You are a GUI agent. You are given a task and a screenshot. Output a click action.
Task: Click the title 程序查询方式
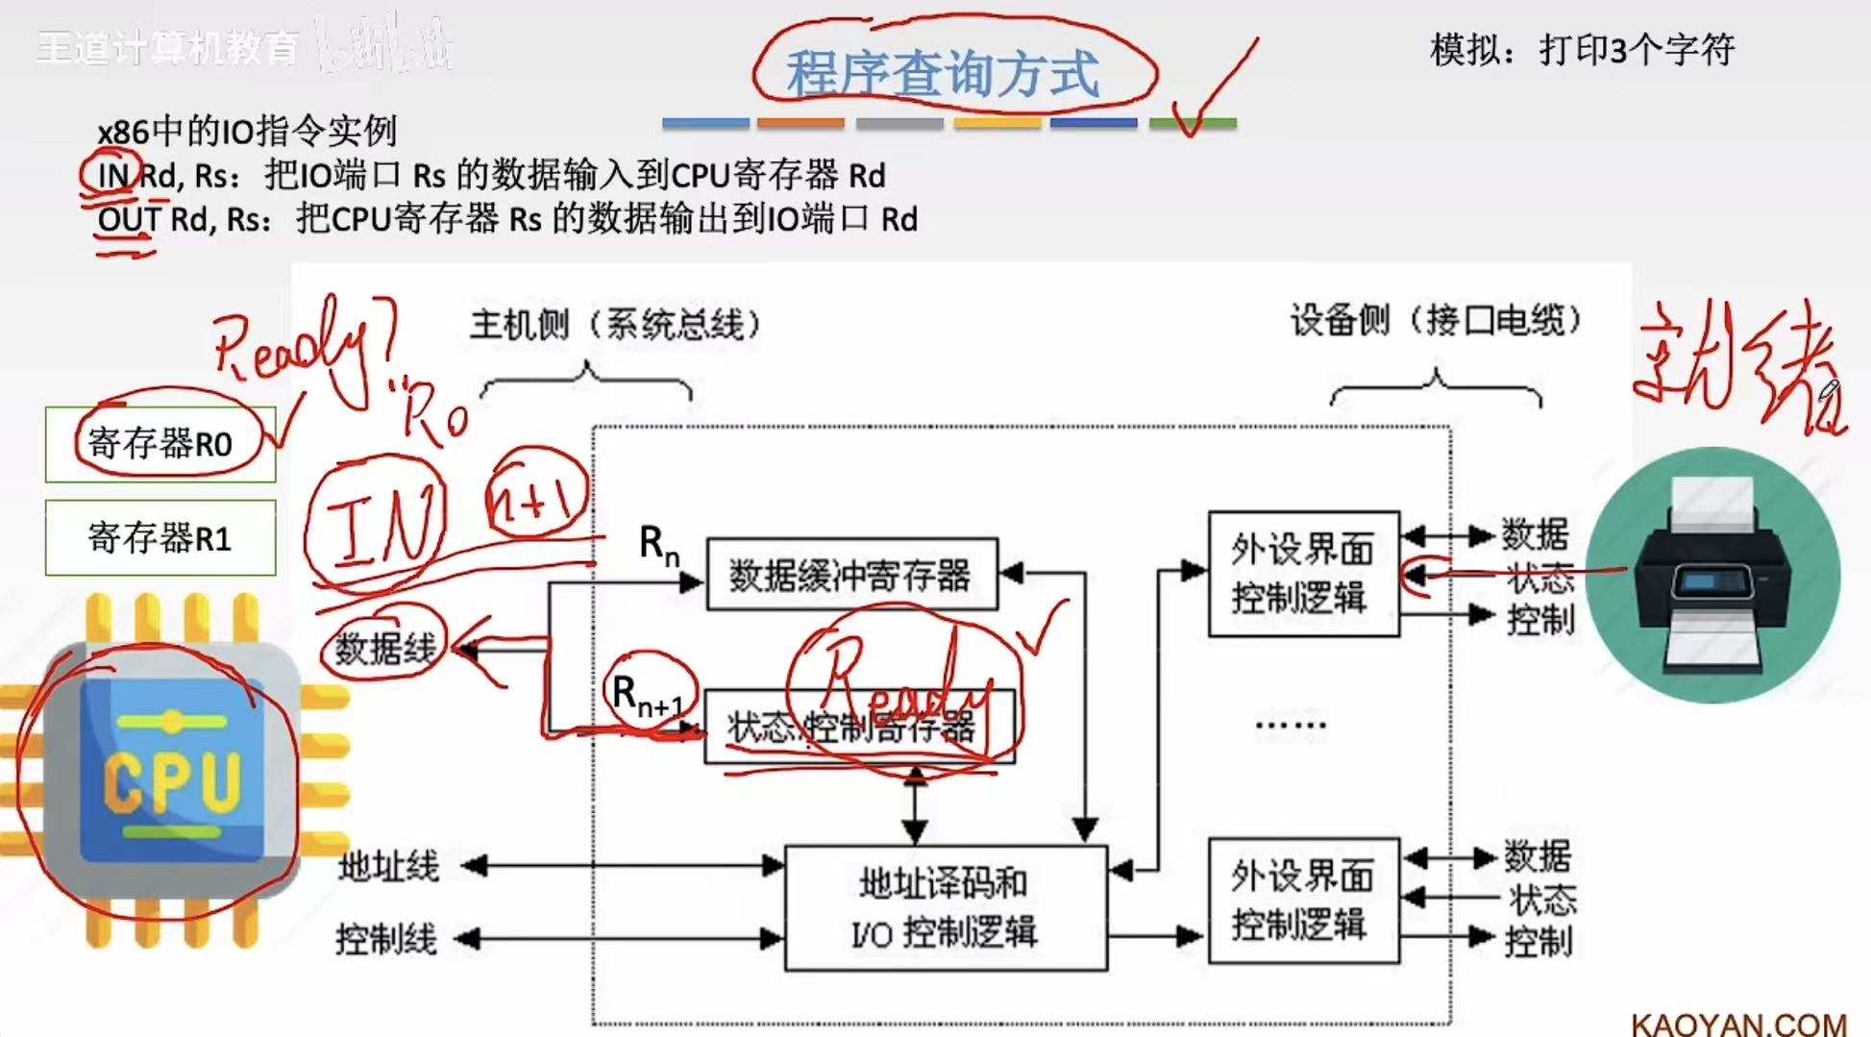(943, 73)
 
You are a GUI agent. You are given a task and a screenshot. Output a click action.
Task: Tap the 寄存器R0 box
(160, 444)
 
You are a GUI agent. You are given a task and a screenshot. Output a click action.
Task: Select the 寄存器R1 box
(160, 538)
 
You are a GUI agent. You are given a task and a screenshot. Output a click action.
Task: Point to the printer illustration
(1712, 575)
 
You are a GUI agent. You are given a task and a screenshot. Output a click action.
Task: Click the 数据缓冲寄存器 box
(851, 575)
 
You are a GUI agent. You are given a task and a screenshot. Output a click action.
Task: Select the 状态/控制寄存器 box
(858, 728)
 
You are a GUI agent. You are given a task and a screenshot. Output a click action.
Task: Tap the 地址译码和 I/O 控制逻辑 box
(946, 908)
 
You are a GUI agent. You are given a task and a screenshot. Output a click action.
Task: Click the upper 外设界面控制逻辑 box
(1302, 574)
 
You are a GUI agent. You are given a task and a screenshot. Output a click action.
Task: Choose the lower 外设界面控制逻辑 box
(1302, 901)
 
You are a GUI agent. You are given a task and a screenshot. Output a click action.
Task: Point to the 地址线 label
(388, 867)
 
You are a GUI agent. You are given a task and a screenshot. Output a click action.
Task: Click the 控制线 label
(386, 939)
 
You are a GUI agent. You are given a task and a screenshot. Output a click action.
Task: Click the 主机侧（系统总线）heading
(615, 325)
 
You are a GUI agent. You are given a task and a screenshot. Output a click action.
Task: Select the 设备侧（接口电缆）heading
(1435, 321)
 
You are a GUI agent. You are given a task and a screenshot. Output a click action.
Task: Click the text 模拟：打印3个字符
(1582, 50)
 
